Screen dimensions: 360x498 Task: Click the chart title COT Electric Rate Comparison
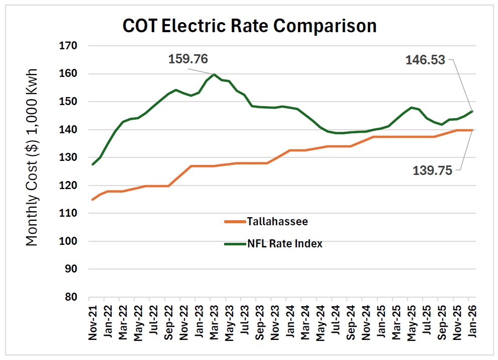tap(250, 25)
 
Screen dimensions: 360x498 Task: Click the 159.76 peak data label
tap(187, 59)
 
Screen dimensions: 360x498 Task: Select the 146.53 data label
tap(425, 60)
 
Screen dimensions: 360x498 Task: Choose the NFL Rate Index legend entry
tap(284, 244)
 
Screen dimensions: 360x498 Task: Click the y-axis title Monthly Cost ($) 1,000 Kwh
tap(32, 157)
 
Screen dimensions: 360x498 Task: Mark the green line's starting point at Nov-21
tap(92, 164)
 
